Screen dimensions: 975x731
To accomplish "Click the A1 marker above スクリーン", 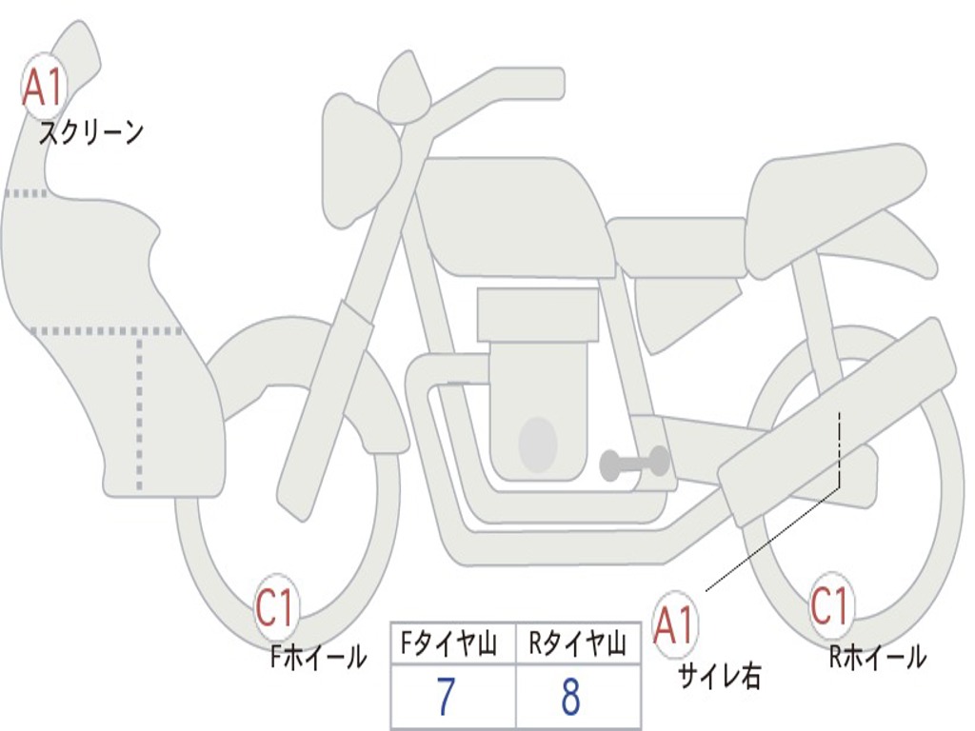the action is tap(43, 87).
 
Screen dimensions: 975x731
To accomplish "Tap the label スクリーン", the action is tap(91, 132).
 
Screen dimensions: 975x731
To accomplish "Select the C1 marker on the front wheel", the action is tap(277, 608).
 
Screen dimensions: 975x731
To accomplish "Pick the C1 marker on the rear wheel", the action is tap(831, 605).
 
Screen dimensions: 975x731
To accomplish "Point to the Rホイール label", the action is tap(877, 656).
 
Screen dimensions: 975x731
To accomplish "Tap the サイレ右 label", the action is tap(719, 676).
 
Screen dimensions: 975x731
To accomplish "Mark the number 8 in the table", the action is tap(571, 698).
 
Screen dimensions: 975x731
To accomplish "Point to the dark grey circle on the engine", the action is tap(538, 444).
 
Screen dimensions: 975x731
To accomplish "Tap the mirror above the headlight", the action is tap(404, 89).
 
